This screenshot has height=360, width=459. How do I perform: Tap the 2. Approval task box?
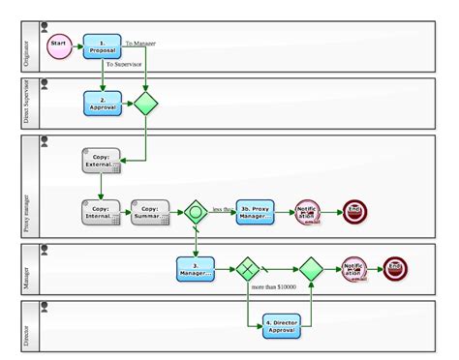(x=102, y=103)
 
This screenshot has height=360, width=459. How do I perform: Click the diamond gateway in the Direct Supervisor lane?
(x=145, y=103)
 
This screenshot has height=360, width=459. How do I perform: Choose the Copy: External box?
(x=102, y=161)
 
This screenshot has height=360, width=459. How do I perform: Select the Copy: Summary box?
(x=150, y=212)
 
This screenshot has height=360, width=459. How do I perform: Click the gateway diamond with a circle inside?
(x=197, y=212)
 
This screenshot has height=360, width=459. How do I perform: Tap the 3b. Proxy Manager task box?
(x=258, y=212)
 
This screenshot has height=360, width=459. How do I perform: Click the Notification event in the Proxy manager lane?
(x=309, y=212)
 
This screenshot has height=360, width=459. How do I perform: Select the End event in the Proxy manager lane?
(x=355, y=212)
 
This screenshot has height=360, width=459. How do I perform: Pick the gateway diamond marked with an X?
(x=249, y=268)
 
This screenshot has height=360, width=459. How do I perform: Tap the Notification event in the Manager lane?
(x=353, y=268)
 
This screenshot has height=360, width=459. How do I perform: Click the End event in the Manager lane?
(x=396, y=268)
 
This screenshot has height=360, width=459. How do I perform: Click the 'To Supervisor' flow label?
(x=126, y=64)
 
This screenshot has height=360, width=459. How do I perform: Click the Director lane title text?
(x=25, y=328)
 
